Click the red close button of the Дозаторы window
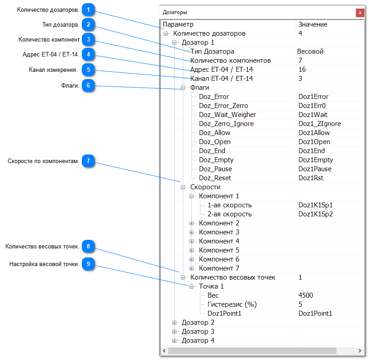point(360,13)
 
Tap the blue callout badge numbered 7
point(88,161)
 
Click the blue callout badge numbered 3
point(88,39)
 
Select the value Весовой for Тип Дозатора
point(310,51)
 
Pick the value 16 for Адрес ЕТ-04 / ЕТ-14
point(302,70)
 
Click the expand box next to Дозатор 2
point(174,323)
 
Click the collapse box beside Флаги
point(183,88)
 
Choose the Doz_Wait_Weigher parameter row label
point(227,115)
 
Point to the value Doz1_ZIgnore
point(320,124)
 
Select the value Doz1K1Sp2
point(316,214)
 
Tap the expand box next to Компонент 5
point(192,250)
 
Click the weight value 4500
point(306,295)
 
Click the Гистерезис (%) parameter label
point(232,304)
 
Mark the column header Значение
point(313,24)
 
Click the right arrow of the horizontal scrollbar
point(360,351)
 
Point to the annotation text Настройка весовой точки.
point(44,264)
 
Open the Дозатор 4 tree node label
point(198,341)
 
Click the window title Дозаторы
point(175,12)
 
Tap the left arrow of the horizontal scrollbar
point(164,351)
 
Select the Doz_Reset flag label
point(215,178)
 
